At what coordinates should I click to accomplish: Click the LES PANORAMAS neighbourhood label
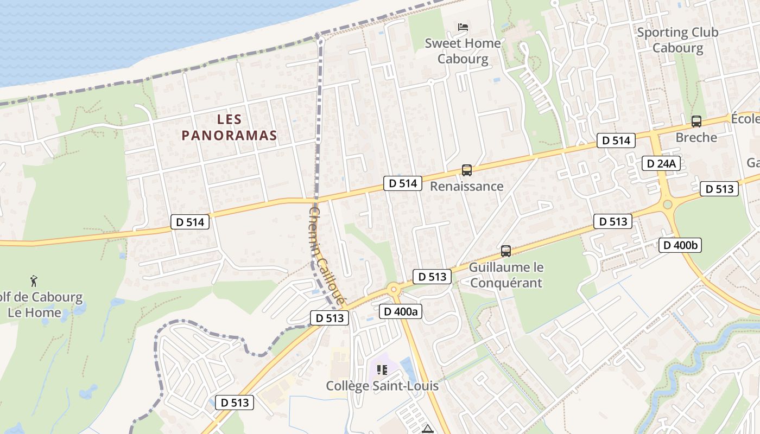[229, 127]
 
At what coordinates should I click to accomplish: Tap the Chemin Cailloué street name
[327, 256]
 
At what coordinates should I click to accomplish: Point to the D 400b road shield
[680, 245]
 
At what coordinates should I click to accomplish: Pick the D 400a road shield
[401, 311]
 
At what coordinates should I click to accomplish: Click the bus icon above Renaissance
[466, 170]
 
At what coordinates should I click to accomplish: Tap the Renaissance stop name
[466, 187]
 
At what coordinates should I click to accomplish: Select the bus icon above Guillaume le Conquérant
[506, 251]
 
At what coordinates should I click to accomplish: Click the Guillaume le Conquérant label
[506, 275]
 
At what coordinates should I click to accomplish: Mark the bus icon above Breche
[696, 122]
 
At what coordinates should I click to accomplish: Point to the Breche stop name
[696, 138]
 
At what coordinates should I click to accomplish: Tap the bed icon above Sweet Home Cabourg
[463, 27]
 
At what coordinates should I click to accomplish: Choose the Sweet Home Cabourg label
[463, 51]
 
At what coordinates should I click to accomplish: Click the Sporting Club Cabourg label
[677, 40]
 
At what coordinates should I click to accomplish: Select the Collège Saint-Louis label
[382, 386]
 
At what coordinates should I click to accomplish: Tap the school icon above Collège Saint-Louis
[382, 370]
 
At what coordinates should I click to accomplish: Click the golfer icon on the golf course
[34, 281]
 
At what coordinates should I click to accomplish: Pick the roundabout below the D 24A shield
[667, 205]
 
